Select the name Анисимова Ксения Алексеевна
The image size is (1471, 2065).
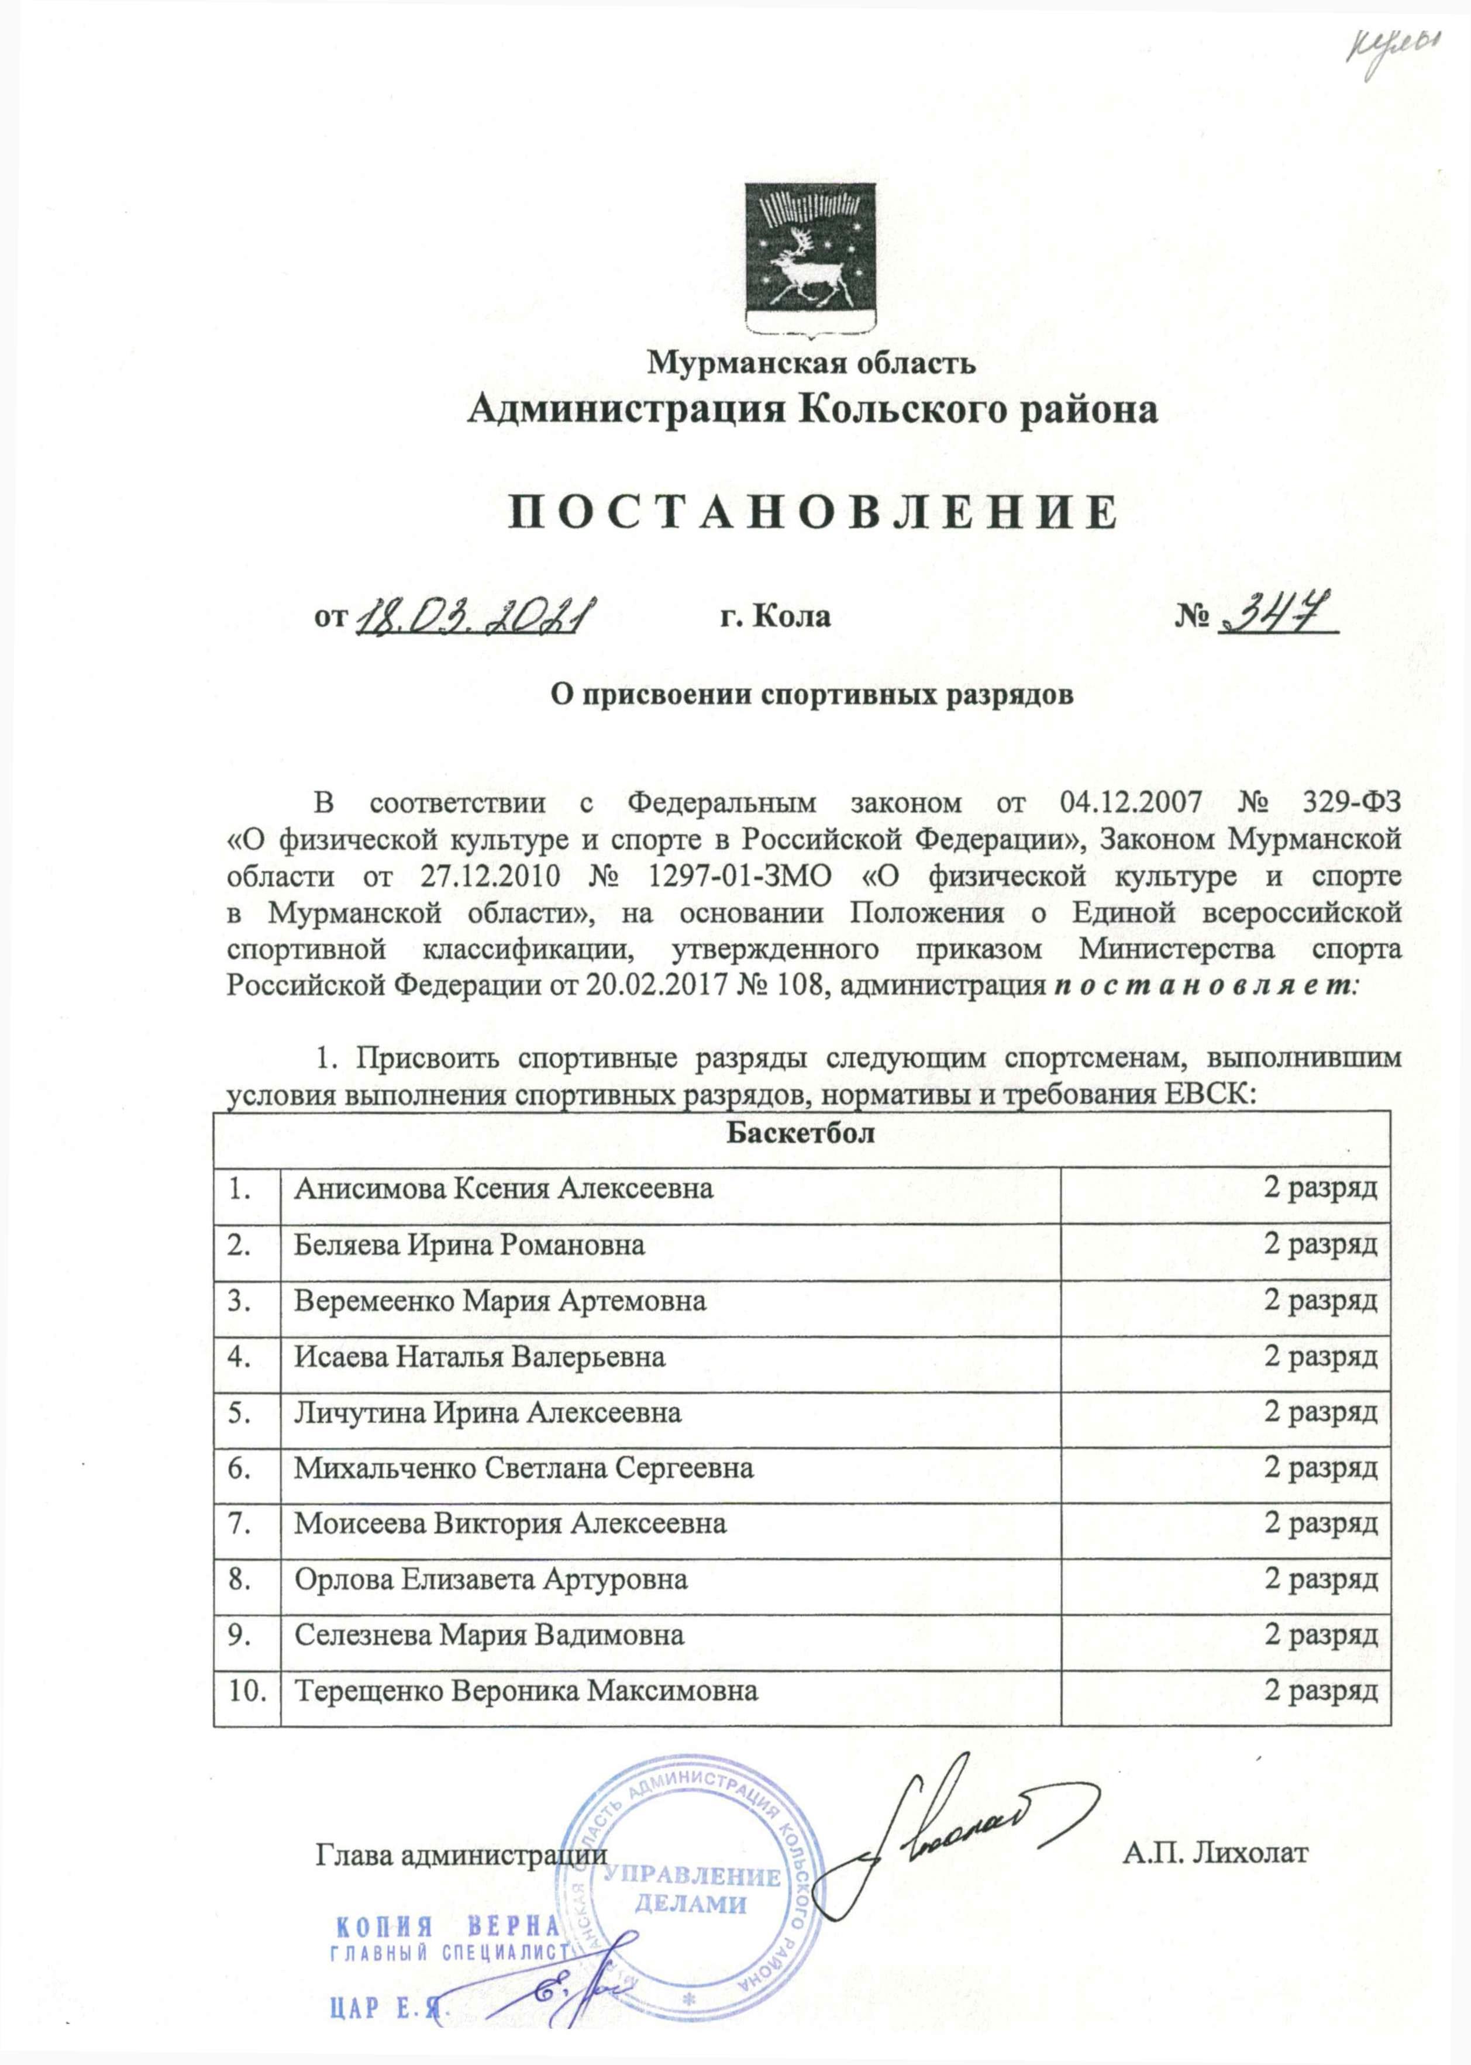pos(502,1188)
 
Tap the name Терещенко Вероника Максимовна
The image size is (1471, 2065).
pos(525,1690)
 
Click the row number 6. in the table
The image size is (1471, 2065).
pos(239,1468)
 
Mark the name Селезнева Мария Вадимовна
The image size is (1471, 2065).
pos(489,1635)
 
